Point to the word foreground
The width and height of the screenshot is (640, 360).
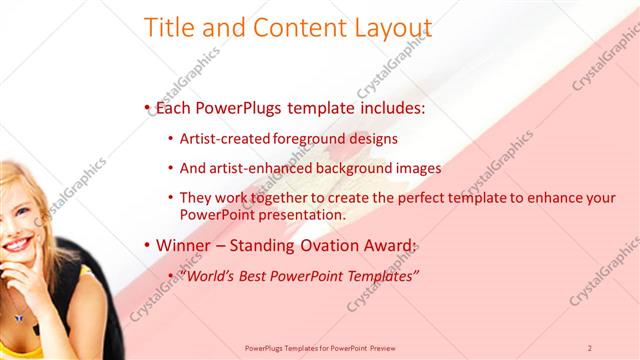[x=306, y=139]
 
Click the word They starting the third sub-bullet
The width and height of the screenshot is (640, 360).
[x=197, y=198]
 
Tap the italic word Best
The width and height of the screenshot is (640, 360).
[x=261, y=275]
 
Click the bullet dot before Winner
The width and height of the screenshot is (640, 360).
[x=147, y=246]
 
